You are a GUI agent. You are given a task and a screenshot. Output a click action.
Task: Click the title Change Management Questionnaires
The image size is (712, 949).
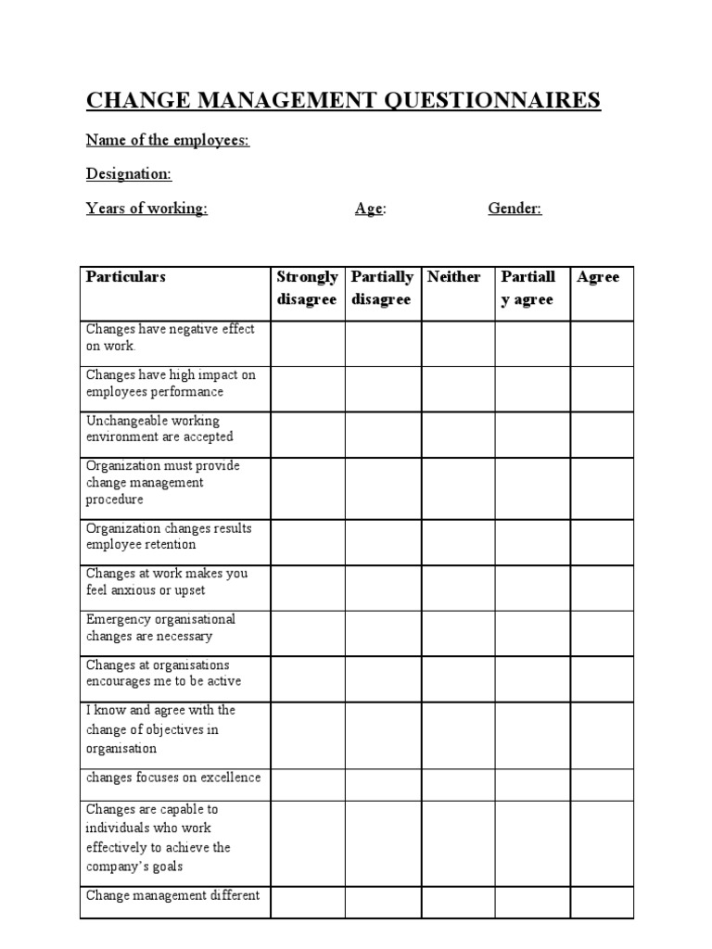click(x=343, y=100)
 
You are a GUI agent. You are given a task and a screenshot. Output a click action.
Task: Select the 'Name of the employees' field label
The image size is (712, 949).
click(x=168, y=140)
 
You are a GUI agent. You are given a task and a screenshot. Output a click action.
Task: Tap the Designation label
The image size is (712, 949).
click(x=129, y=174)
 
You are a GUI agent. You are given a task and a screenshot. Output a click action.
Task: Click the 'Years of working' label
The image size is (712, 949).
click(x=146, y=209)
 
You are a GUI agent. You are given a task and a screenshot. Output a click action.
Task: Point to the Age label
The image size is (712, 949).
click(x=370, y=209)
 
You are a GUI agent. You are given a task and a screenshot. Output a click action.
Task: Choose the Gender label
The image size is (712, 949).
click(x=515, y=209)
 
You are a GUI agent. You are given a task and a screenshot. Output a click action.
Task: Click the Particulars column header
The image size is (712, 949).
click(x=126, y=277)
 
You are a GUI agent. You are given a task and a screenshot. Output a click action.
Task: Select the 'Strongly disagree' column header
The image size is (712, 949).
click(x=307, y=288)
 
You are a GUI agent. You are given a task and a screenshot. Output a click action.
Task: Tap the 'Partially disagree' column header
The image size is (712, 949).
click(x=382, y=288)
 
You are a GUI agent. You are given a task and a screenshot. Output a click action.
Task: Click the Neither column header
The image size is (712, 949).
click(x=454, y=277)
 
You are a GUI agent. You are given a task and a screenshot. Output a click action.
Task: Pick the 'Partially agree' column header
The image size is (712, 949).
click(x=528, y=288)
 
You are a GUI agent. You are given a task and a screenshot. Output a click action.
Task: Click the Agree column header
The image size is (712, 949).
click(x=598, y=277)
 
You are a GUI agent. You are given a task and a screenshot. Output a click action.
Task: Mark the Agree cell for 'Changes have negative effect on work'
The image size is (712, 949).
click(x=601, y=344)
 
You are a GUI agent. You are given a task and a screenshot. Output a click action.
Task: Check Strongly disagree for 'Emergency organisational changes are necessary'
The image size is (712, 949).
click(x=308, y=633)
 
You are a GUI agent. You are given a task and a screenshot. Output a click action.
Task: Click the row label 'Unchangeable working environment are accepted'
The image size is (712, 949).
click(x=159, y=429)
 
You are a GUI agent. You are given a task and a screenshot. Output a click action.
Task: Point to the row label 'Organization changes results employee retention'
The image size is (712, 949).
click(x=169, y=537)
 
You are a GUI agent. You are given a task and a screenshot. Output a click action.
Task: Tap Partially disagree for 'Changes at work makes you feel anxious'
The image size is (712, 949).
click(x=383, y=588)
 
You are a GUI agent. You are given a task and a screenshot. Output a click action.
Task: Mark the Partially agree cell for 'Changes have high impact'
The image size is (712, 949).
click(x=532, y=389)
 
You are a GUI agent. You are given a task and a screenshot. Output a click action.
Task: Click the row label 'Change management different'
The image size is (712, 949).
click(x=172, y=895)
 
